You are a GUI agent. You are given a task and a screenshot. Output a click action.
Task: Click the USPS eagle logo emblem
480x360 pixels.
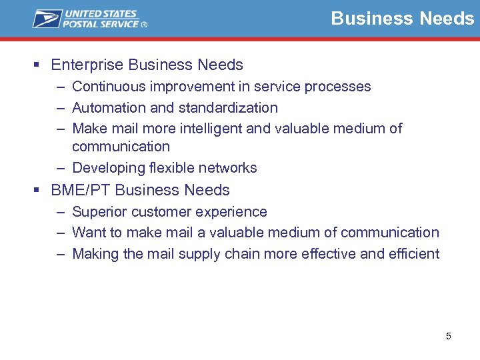pos(47,19)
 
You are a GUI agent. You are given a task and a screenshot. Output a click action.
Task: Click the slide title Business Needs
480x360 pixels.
pos(402,18)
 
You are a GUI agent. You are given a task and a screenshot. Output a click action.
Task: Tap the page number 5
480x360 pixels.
pos(449,336)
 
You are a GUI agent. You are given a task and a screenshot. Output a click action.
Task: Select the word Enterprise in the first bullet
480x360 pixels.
pos(87,65)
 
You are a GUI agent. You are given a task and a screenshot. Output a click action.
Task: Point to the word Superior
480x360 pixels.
pos(97,212)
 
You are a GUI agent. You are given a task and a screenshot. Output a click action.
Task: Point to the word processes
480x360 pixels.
pos(339,87)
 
